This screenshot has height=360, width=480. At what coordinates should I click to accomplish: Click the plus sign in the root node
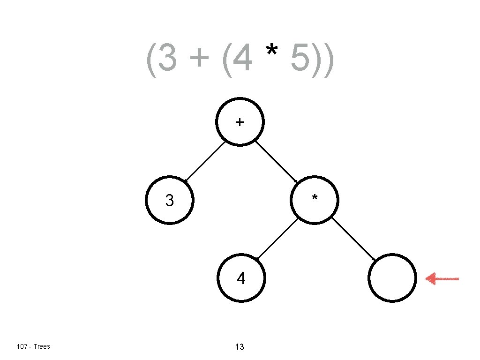[x=240, y=122]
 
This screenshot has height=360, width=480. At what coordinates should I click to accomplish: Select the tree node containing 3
[x=170, y=201]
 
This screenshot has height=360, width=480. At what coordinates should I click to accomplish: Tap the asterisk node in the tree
[x=315, y=201]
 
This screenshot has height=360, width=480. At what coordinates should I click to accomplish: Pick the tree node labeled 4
[x=241, y=279]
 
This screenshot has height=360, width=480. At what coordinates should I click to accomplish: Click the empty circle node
[x=392, y=278]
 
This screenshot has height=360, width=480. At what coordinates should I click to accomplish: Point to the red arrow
[x=442, y=279]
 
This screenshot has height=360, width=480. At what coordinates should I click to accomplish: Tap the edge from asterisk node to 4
[x=277, y=239]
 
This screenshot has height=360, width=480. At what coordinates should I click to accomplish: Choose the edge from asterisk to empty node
[x=354, y=239]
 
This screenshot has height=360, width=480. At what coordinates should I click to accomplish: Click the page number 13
[x=240, y=347]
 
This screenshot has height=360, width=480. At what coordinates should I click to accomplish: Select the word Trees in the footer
[x=42, y=346]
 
